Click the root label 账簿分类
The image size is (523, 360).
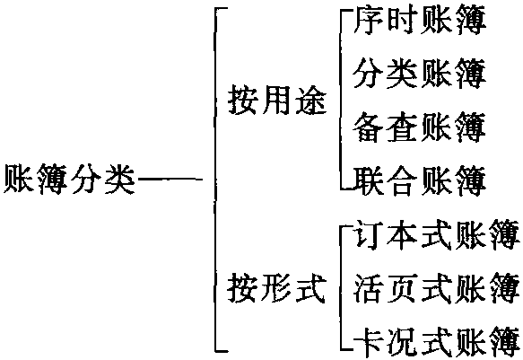[x=69, y=180]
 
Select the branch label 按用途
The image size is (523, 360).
[x=277, y=100]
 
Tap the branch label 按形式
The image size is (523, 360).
[x=276, y=287]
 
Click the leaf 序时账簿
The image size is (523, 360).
[x=420, y=21]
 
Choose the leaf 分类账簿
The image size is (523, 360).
[x=419, y=74]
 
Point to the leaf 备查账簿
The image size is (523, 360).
[x=419, y=127]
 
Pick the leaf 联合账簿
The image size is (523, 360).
[x=420, y=180]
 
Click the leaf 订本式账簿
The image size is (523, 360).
[x=437, y=234]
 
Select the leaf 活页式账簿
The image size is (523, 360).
[x=437, y=287]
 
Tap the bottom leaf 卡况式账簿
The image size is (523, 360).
[x=437, y=341]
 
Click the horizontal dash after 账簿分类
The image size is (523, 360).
[x=170, y=180]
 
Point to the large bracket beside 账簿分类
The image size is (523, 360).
[x=215, y=180]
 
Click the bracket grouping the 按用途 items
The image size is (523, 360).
[x=341, y=100]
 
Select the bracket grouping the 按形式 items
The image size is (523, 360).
[x=341, y=287]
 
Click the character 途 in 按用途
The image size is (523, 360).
[x=311, y=100]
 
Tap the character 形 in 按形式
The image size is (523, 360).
[x=276, y=287]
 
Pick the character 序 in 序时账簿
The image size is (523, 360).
[x=368, y=21]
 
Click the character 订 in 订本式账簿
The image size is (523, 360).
[x=368, y=234]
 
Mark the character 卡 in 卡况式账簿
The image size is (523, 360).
[x=368, y=341]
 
